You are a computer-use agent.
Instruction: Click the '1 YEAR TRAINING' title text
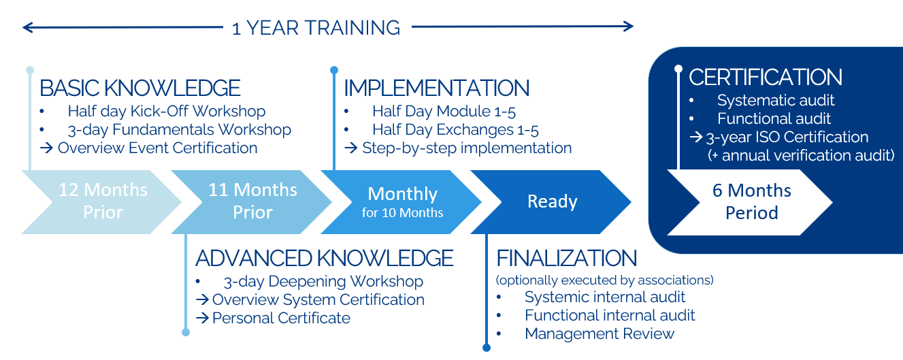[316, 28]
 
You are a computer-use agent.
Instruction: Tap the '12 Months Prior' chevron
[101, 202]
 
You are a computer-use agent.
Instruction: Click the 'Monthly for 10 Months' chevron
[401, 202]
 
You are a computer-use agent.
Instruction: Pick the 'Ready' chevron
[551, 202]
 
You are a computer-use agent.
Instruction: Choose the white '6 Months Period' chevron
[750, 202]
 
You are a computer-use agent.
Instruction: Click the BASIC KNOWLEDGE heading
[140, 88]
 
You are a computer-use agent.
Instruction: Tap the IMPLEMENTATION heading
[437, 88]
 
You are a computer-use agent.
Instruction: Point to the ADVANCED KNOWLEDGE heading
[325, 259]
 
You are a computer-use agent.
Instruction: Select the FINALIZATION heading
[566, 259]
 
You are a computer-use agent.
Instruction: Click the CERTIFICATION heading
[765, 77]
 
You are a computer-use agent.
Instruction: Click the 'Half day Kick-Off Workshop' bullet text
[167, 111]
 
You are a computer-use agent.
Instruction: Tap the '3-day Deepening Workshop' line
[323, 281]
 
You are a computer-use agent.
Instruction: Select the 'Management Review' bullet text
[600, 333]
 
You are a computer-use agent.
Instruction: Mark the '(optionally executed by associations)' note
[605, 280]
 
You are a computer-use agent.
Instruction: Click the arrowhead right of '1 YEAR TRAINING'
[628, 27]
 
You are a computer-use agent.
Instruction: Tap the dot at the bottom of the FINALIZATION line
[487, 348]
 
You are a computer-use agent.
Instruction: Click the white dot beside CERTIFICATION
[678, 69]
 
